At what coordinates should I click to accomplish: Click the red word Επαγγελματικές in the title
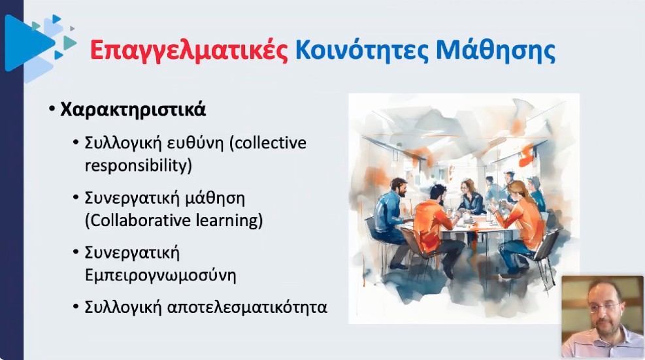coord(189,51)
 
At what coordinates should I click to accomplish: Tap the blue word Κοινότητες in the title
coord(363,50)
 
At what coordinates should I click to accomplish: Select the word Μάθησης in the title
coord(496,50)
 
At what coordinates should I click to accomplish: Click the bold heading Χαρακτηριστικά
coord(133,110)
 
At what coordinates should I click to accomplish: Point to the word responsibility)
coord(139,165)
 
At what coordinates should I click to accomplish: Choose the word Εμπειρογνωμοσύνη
coord(160,275)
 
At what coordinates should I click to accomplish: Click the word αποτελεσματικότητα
coord(247,307)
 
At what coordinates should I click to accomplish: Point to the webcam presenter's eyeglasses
coord(604,307)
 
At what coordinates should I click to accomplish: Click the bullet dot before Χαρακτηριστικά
coord(52,110)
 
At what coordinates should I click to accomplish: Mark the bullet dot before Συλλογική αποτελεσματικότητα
coord(76,307)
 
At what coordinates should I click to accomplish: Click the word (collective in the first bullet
coord(268,143)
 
